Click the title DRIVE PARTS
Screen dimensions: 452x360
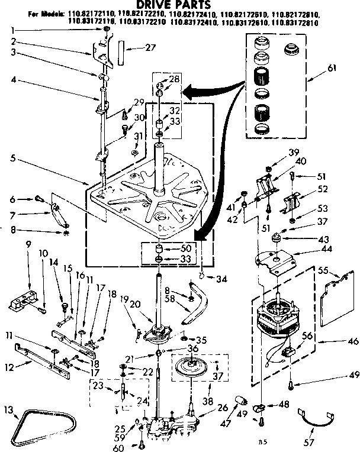point(180,5)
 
